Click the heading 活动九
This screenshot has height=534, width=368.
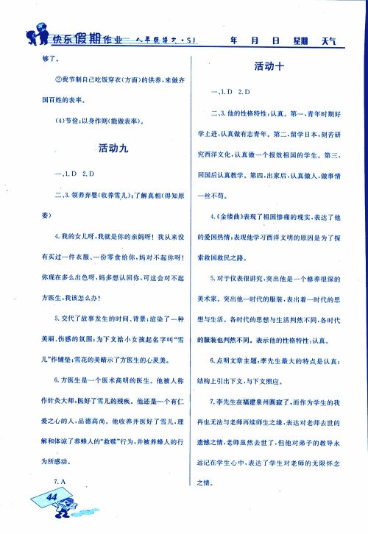point(113,148)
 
